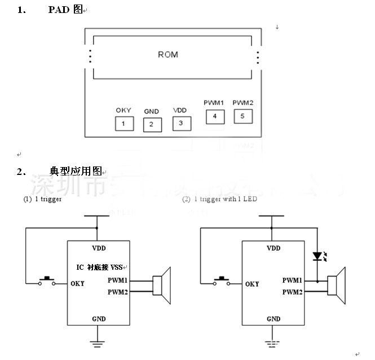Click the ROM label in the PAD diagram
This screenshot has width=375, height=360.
tap(167, 55)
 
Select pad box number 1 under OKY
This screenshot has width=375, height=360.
tap(124, 124)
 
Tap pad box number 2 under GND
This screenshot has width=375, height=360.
tap(152, 124)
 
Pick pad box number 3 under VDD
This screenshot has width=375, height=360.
tap(182, 122)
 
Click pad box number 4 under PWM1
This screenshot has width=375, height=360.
tap(215, 117)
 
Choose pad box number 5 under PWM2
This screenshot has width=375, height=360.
tap(243, 116)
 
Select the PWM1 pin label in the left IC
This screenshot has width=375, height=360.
tap(117, 280)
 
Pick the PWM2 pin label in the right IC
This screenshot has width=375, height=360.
tap(292, 292)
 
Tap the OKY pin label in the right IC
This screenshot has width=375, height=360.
tap(253, 284)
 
